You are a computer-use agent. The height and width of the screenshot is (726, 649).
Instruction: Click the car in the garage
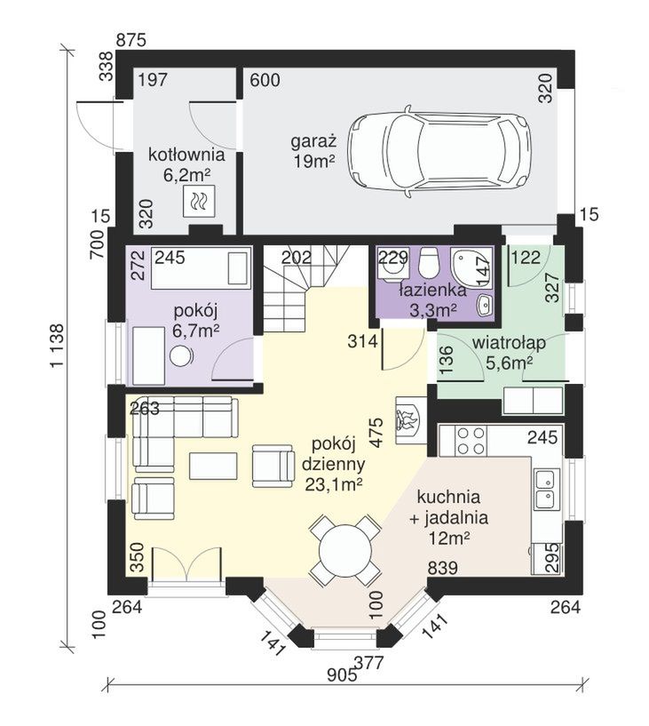coord(439,151)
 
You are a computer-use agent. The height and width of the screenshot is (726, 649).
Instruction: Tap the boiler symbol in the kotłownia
coord(199,201)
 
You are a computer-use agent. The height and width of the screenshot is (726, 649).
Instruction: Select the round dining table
coord(345,549)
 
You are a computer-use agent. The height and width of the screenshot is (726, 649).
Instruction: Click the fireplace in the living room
coord(411,421)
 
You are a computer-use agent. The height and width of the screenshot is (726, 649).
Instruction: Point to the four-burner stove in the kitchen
coord(471,441)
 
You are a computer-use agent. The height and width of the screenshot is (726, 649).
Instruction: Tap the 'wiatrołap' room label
coord(509,343)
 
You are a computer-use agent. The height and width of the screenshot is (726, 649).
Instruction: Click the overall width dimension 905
coord(342,675)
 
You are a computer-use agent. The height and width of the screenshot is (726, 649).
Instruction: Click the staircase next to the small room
coord(305,288)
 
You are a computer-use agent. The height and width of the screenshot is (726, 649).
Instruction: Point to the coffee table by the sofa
coord(213,466)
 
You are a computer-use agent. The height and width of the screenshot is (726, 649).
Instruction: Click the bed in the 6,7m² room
coord(202,268)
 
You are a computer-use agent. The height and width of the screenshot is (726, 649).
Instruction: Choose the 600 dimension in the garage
coord(265,80)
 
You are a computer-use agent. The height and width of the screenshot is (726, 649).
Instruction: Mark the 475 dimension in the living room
coord(377,433)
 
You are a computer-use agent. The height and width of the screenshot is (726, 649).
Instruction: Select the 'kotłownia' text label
coord(186,155)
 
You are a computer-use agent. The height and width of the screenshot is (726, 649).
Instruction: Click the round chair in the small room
coord(181,356)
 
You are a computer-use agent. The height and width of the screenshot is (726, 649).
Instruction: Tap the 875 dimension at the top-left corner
coord(131,40)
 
